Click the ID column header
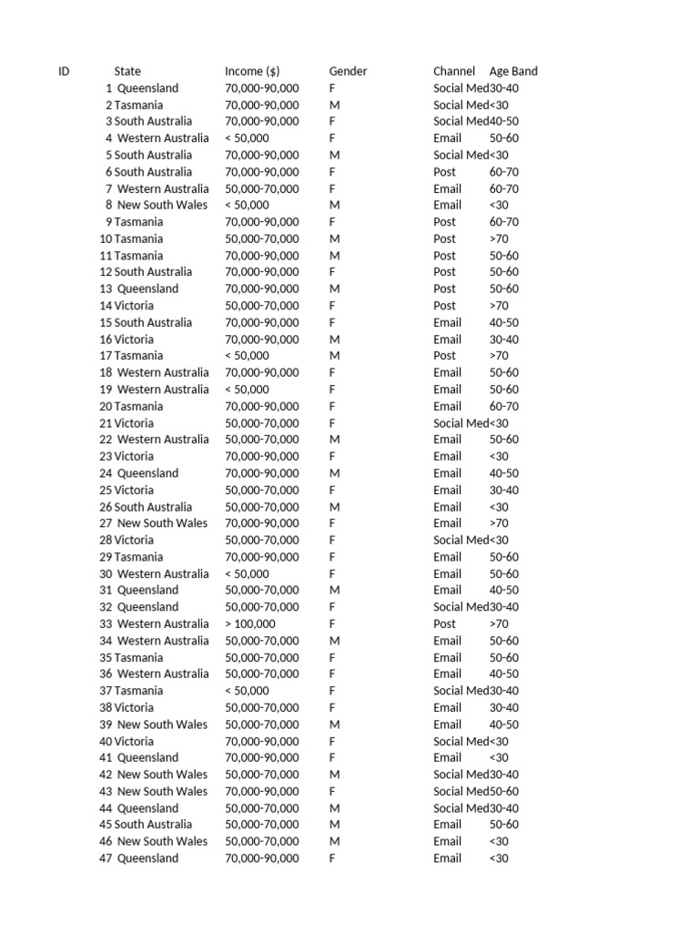[64, 71]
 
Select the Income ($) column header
[252, 71]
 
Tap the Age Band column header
[513, 71]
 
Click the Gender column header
[348, 71]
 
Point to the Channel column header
[454, 71]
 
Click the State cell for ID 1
[147, 88]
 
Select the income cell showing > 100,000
[250, 623]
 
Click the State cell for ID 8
[162, 205]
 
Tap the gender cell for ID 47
[332, 858]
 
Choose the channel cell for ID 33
[445, 623]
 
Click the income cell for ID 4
[247, 138]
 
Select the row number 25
[106, 490]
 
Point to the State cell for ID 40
[134, 741]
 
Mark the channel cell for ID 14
[445, 306]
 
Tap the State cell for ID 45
[153, 825]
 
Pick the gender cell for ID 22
[334, 440]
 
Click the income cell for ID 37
[247, 691]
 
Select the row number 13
[106, 289]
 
